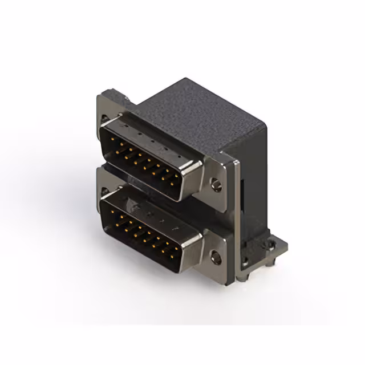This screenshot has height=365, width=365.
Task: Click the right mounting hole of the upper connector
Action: [216, 184]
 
